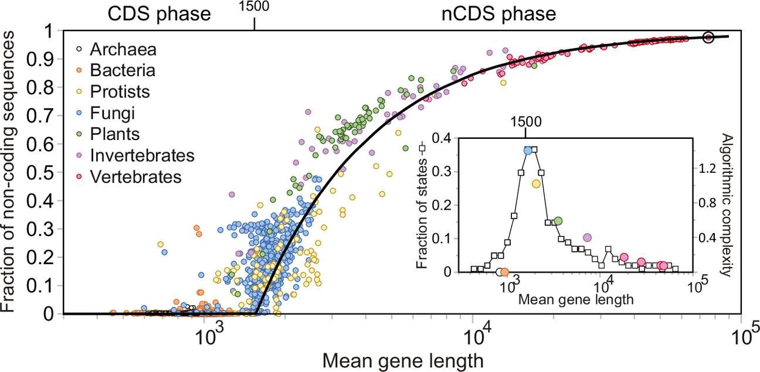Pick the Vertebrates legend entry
click(x=135, y=176)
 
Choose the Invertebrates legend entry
click(x=141, y=155)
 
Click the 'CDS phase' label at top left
click(x=159, y=14)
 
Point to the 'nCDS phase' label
click(x=498, y=14)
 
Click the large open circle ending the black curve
click(x=708, y=37)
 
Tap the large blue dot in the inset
click(x=528, y=151)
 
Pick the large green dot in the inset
click(x=558, y=221)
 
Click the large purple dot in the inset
click(x=588, y=238)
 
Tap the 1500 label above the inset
click(x=525, y=122)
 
